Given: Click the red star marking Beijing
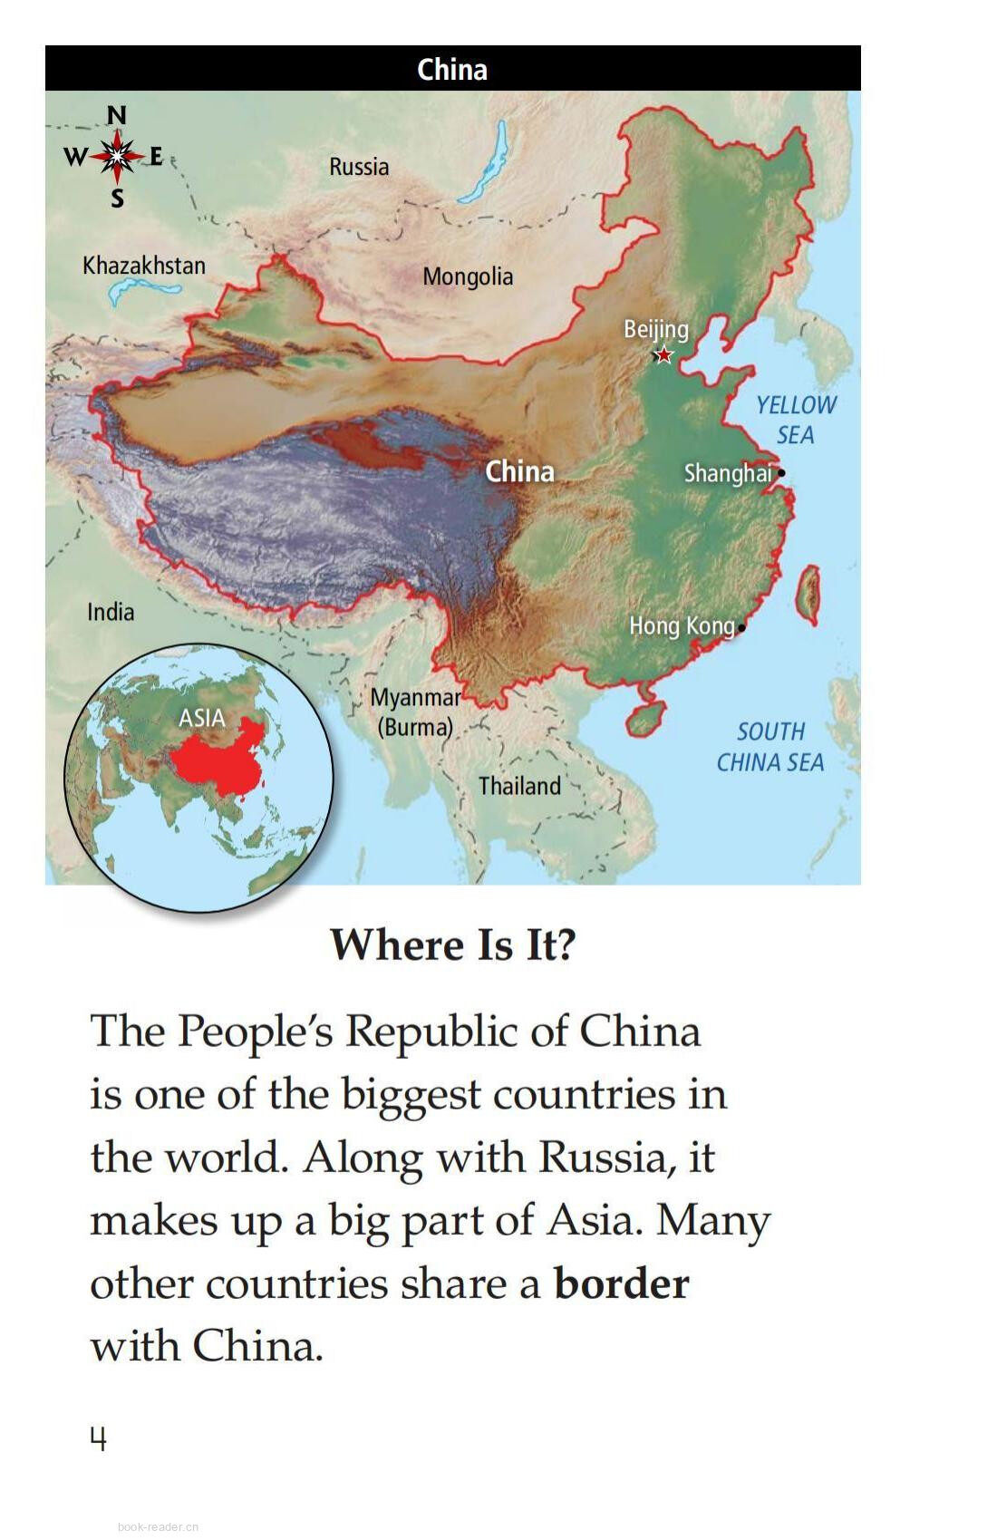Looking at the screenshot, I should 664,355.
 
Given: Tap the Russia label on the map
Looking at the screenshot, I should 359,167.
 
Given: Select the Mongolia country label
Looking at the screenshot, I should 468,276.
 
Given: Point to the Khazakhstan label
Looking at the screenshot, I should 144,266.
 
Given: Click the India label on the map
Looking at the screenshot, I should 111,612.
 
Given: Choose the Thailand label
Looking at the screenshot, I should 519,786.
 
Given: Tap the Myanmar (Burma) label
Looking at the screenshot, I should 416,712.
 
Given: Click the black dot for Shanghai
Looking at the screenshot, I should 781,472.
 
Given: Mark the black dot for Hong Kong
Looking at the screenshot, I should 741,627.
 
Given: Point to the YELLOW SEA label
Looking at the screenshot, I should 796,420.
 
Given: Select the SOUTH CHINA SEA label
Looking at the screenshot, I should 770,747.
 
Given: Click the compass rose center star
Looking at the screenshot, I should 117,157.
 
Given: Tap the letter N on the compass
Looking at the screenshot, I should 117,116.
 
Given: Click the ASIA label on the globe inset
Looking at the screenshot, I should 201,718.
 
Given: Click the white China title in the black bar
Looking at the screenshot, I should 452,70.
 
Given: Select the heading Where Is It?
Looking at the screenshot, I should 453,944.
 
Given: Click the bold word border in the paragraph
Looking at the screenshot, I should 622,1283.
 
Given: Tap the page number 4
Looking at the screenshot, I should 98,1438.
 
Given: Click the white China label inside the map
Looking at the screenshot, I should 519,471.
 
